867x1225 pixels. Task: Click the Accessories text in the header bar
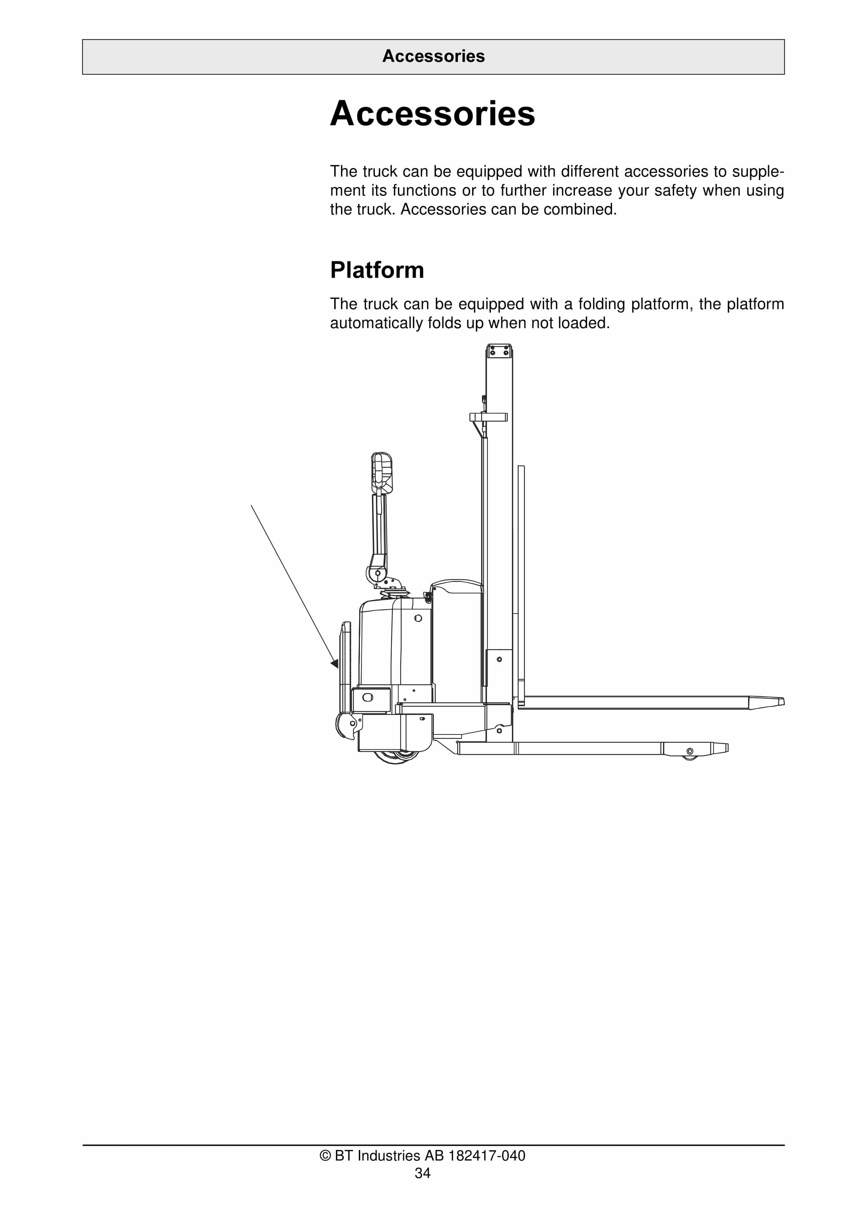(433, 56)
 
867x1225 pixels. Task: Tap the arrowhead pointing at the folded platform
(335, 663)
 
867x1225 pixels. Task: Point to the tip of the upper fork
(781, 702)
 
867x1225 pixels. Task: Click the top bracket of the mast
(499, 351)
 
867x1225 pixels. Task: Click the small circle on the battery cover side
(418, 618)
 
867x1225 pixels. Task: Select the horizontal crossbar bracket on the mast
(488, 417)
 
